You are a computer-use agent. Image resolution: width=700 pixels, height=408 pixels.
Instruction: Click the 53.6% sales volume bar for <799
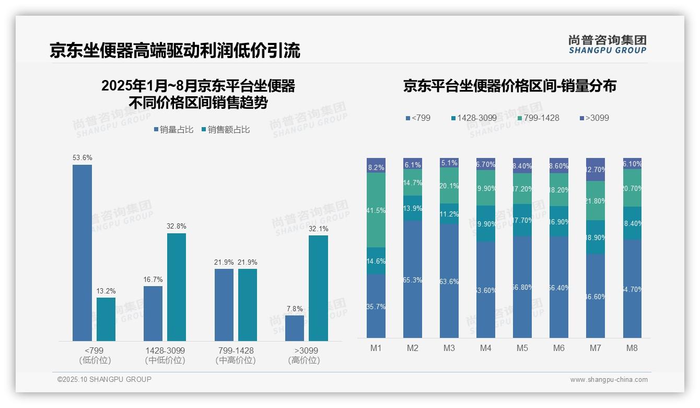click(x=82, y=253)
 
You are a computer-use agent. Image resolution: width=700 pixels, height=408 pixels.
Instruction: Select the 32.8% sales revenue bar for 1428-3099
click(x=177, y=287)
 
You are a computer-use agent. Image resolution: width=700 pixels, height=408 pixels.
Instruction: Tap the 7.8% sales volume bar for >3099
click(x=295, y=328)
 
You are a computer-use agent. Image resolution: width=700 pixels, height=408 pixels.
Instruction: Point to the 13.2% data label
click(x=106, y=291)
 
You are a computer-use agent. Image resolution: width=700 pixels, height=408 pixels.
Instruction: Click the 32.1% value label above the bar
click(x=318, y=229)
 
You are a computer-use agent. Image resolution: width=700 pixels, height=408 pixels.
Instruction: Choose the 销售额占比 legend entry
click(x=226, y=130)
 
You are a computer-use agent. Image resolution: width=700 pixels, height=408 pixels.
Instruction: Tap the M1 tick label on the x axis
click(x=376, y=348)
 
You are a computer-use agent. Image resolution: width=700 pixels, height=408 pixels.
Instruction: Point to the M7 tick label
click(x=596, y=348)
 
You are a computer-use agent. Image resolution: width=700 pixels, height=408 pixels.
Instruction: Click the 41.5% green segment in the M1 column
click(x=376, y=210)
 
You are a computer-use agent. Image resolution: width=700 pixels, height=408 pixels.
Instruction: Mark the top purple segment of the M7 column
click(x=596, y=169)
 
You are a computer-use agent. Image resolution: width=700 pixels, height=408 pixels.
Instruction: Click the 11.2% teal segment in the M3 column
click(x=449, y=214)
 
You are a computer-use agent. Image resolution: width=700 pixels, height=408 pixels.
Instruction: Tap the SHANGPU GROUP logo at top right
click(x=607, y=44)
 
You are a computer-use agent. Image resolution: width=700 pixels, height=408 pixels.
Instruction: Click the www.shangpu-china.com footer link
click(x=609, y=380)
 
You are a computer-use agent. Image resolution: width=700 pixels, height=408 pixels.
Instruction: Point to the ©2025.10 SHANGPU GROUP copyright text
click(x=104, y=379)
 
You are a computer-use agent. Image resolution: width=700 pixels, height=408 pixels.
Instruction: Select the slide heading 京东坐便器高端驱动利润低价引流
click(x=175, y=51)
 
